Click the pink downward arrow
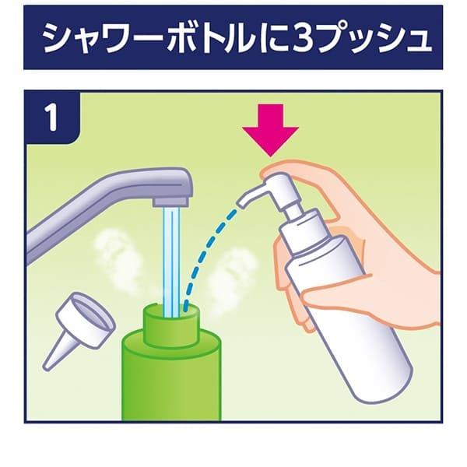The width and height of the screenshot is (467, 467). pyautogui.click(x=270, y=129)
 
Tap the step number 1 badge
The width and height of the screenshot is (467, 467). pyautogui.click(x=52, y=117)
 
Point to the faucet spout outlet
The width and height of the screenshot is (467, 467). pyautogui.click(x=171, y=202)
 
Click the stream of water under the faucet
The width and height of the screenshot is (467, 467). pyautogui.click(x=171, y=262)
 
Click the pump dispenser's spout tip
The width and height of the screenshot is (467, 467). pyautogui.click(x=241, y=202)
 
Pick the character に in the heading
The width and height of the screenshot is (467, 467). pyautogui.click(x=272, y=39)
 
